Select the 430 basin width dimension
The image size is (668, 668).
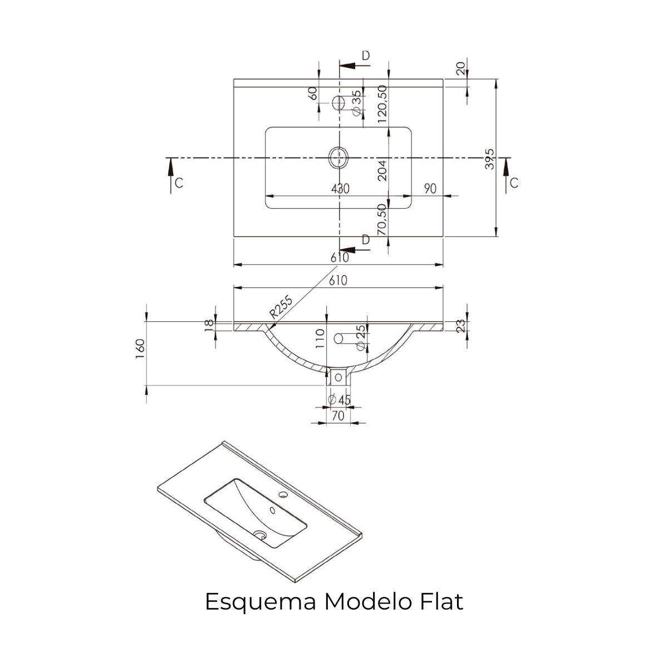[340, 189]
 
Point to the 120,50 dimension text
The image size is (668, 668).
[382, 104]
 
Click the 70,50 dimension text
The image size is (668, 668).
[382, 219]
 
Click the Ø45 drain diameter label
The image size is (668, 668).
[340, 400]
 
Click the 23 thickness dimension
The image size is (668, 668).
[460, 326]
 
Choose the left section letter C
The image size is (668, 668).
[179, 183]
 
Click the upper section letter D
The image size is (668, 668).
[366, 55]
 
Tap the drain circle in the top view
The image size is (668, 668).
[337, 158]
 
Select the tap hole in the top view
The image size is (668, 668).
[338, 103]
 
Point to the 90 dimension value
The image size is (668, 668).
[430, 189]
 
